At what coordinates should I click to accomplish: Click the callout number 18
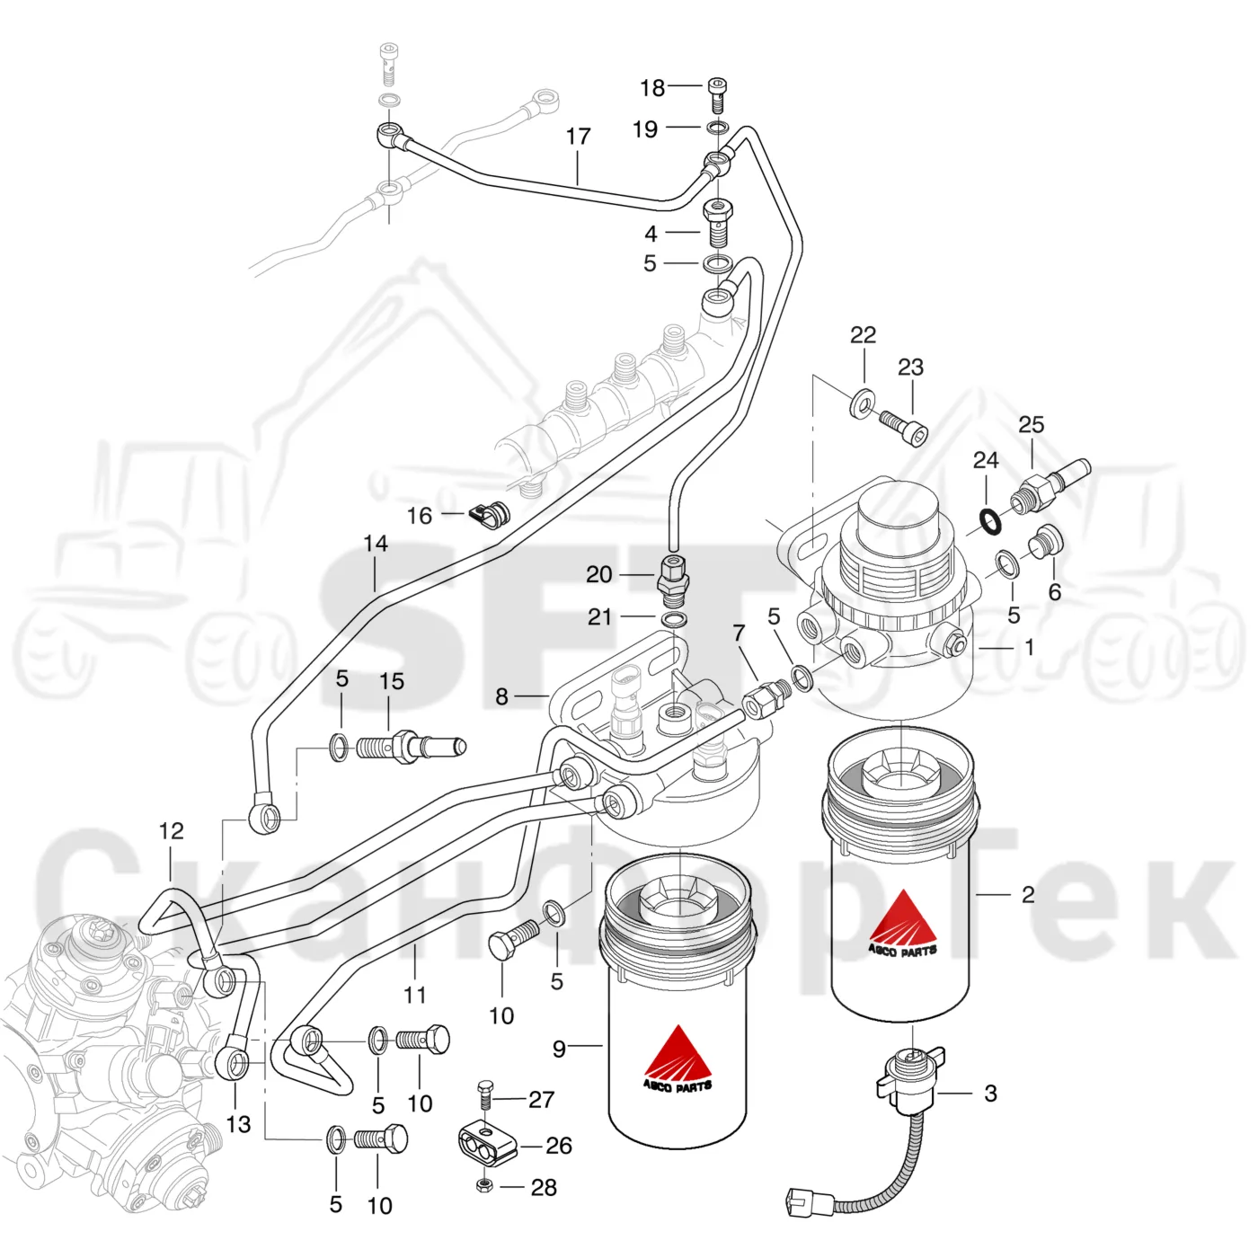point(652,87)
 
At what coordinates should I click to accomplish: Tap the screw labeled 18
point(717,94)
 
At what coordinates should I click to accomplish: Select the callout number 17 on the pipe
point(578,137)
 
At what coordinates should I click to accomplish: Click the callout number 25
point(1032,425)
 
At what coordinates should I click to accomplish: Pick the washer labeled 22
point(863,402)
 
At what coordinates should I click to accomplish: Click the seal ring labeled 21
point(674,618)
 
